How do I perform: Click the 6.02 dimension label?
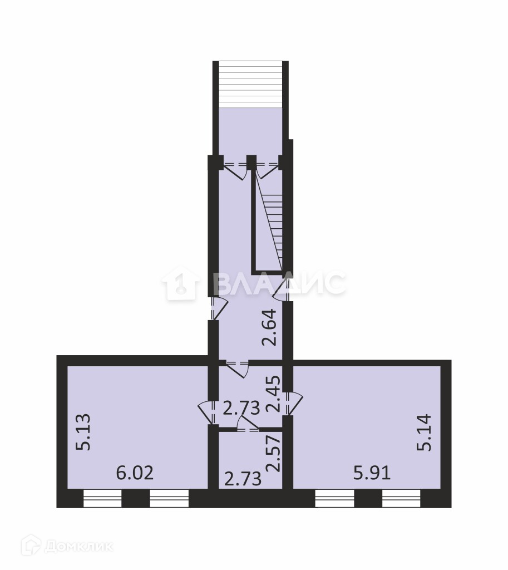pos(135,473)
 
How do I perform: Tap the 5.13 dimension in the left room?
pos(83,432)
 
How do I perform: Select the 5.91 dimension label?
pos(372,473)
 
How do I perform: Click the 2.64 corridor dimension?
pos(270,327)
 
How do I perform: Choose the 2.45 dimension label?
pos(273,394)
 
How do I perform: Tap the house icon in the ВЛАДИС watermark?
pos(181,282)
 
